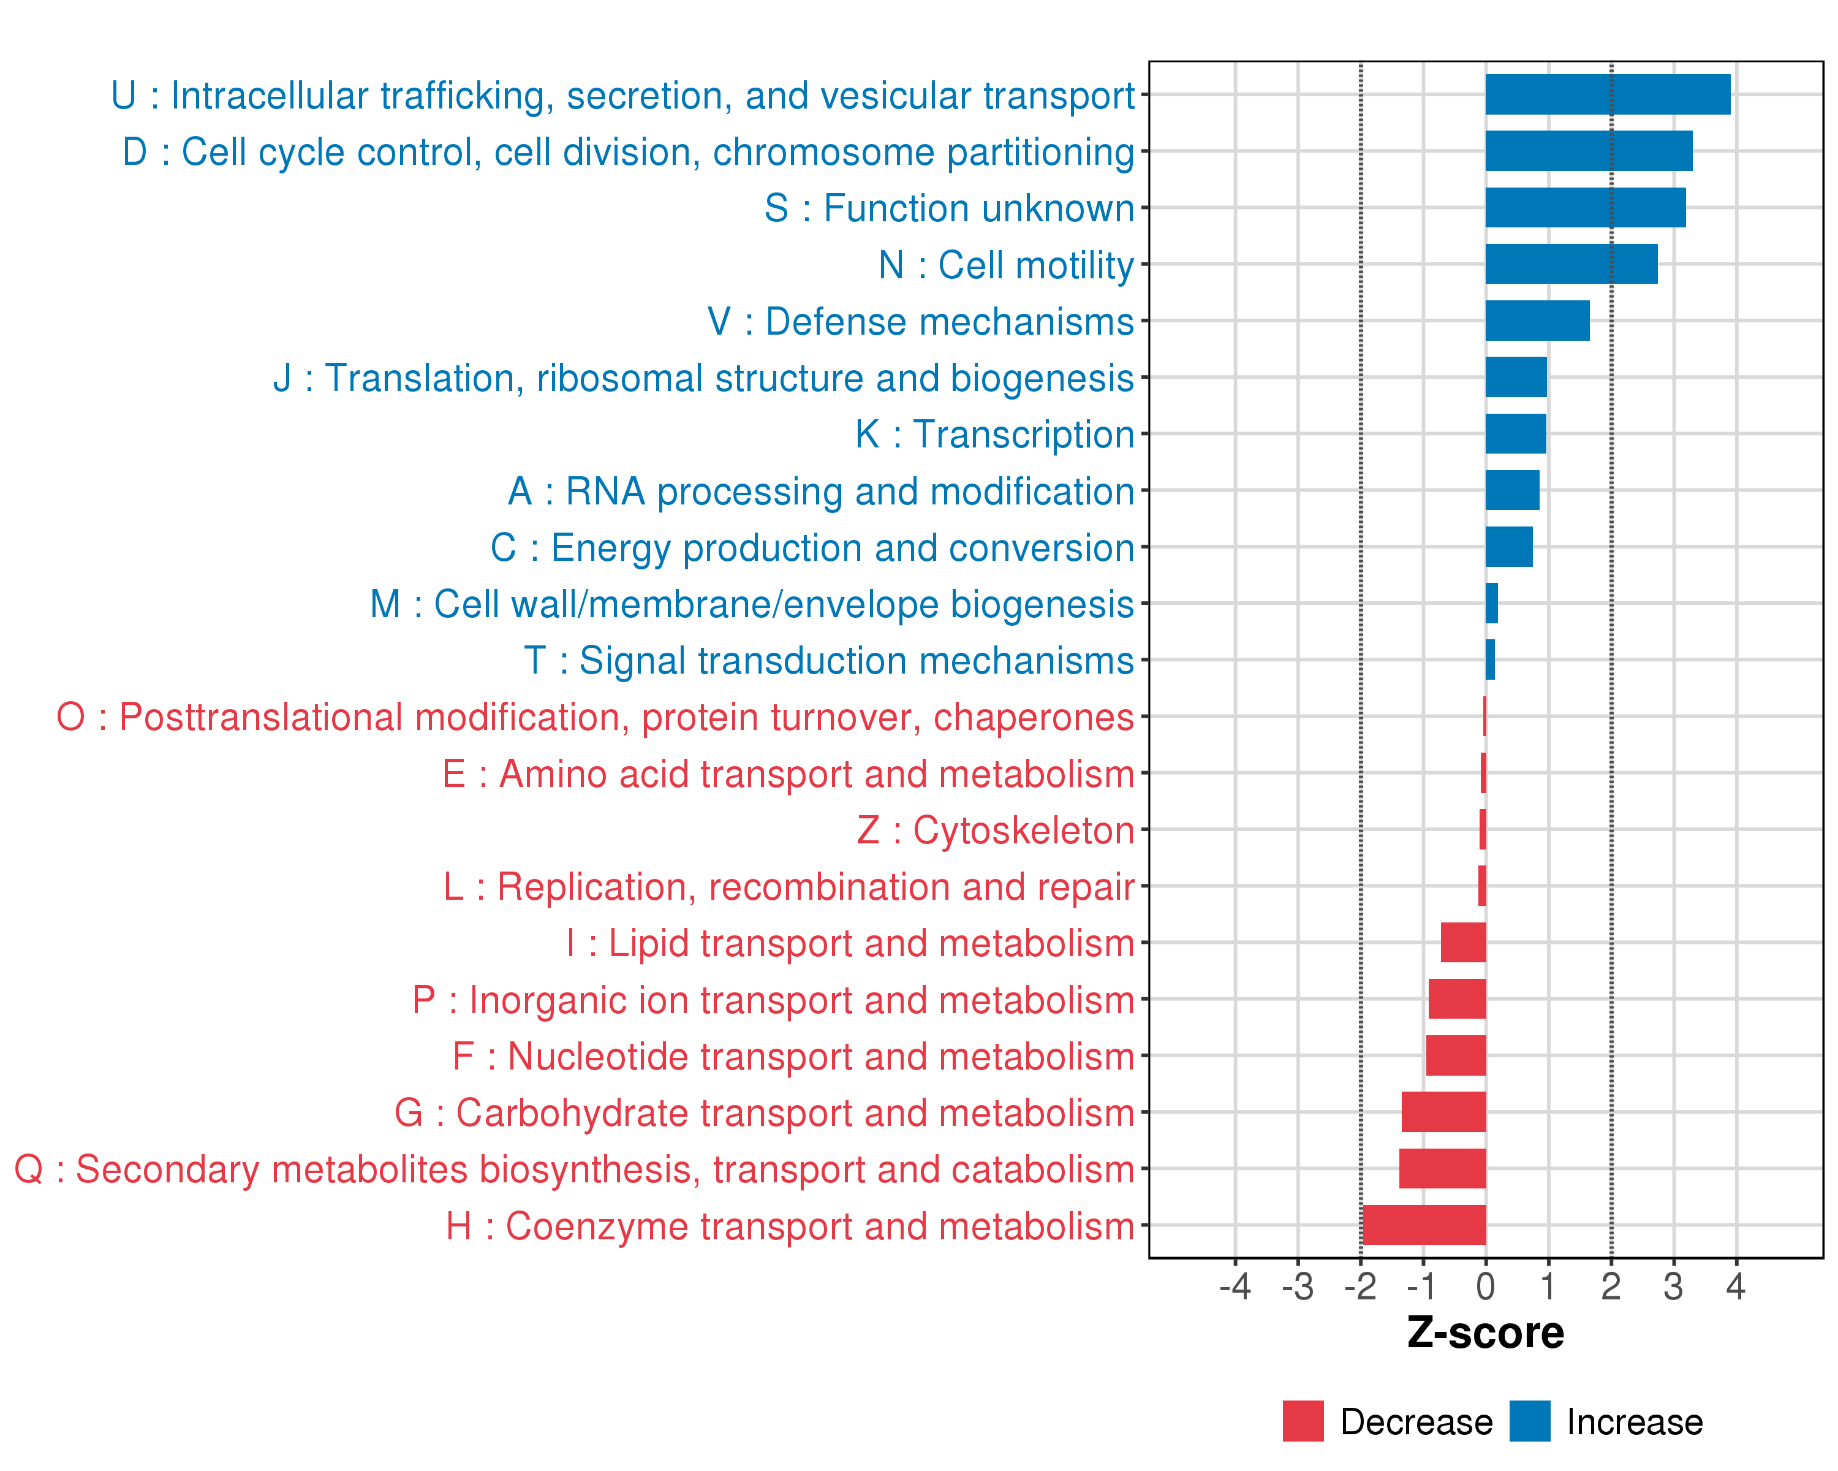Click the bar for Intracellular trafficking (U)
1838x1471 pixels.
tap(1607, 94)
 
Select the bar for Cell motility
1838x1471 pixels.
tap(1571, 264)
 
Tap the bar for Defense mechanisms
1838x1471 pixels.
tap(1537, 321)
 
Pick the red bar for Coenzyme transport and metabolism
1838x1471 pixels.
tap(1424, 1225)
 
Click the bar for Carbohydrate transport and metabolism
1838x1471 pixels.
tap(1443, 1112)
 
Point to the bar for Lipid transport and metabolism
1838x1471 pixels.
tap(1463, 942)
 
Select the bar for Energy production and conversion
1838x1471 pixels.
tap(1508, 547)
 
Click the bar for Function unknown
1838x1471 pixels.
tap(1585, 208)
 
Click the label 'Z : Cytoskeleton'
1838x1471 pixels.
tap(995, 831)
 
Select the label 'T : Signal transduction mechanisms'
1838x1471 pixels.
tap(829, 661)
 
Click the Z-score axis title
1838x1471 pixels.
tap(1485, 1333)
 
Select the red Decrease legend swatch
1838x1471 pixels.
tap(1303, 1421)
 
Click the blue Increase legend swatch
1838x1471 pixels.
tap(1529, 1421)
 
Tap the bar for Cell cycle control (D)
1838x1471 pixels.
tap(1588, 151)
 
